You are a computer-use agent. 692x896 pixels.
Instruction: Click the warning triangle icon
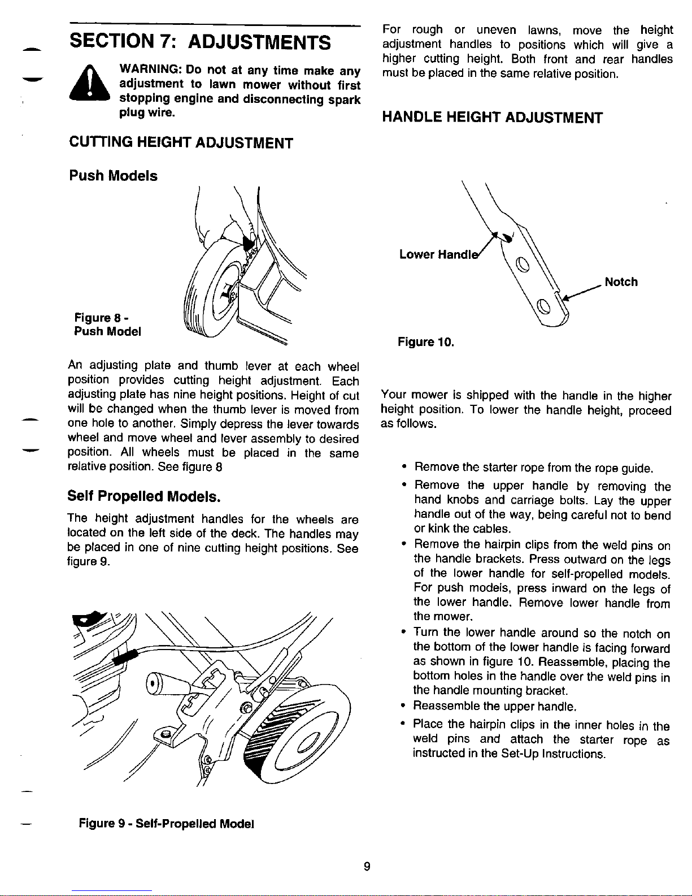89,83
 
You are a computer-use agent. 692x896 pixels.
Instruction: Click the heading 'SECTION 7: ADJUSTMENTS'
200,42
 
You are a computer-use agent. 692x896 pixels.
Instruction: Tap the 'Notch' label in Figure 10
621,282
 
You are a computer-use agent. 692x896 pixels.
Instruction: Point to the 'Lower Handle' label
439,254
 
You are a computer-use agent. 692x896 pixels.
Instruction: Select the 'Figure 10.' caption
425,342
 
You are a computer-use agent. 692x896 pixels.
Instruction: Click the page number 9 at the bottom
367,866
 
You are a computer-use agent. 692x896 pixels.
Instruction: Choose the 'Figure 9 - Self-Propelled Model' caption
167,824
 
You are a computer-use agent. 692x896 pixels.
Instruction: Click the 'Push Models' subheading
114,176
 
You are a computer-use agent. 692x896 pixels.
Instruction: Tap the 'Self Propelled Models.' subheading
144,496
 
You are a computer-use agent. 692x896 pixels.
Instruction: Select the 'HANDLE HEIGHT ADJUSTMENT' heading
492,118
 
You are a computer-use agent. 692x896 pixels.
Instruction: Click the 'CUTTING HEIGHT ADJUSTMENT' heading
181,142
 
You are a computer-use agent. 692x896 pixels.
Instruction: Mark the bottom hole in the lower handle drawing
543,307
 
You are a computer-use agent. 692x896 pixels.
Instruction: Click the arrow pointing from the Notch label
582,292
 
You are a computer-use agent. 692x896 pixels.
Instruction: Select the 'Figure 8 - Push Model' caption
107,324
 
